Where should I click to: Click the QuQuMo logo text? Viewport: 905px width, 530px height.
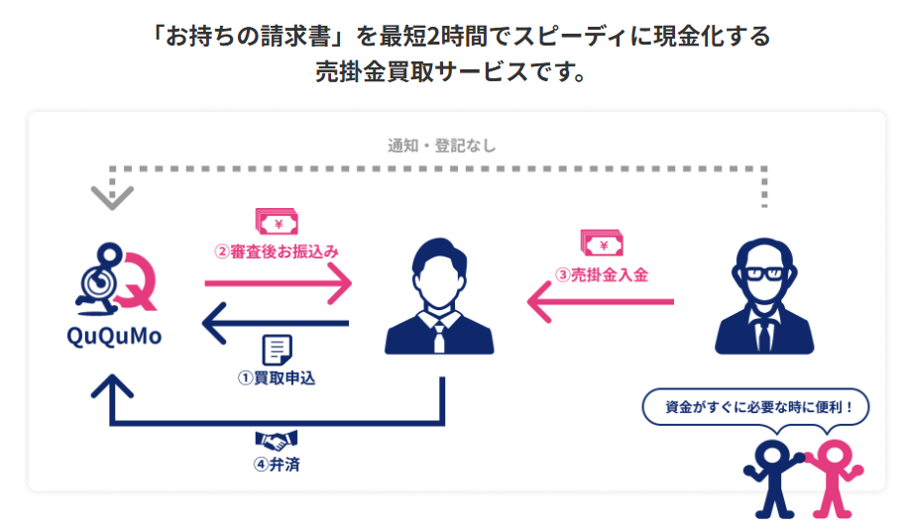(114, 336)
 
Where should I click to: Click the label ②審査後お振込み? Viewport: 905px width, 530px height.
(277, 252)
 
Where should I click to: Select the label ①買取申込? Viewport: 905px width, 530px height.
(277, 377)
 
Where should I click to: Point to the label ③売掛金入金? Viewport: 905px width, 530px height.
(601, 274)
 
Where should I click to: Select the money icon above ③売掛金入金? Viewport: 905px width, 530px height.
(602, 244)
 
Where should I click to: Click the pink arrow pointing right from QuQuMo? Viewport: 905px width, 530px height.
(278, 283)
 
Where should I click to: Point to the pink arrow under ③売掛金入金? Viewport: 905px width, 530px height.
(600, 301)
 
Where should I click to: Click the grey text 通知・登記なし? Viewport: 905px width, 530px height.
(441, 146)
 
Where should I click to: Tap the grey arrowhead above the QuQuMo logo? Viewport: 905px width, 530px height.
(112, 197)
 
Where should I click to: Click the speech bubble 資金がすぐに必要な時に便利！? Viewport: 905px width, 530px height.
(754, 406)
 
